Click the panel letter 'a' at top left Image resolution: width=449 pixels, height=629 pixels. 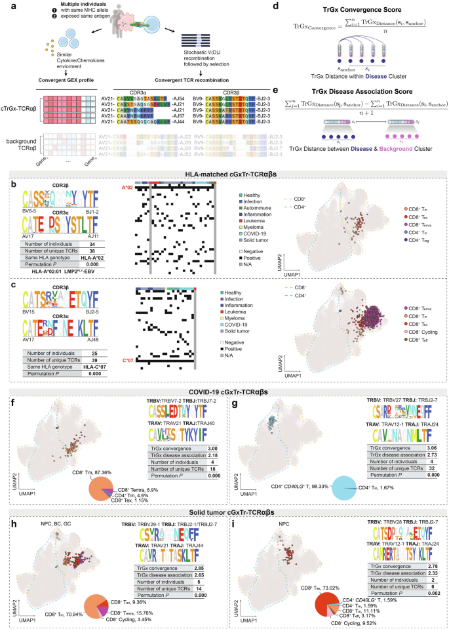pos(5,5)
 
